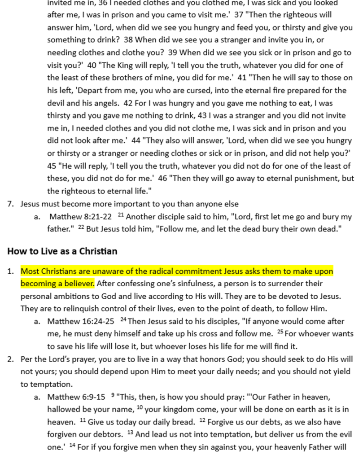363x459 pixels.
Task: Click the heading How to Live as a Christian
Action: click(62, 251)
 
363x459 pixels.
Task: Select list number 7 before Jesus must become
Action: click(10, 204)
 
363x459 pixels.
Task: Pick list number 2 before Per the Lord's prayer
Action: click(10, 359)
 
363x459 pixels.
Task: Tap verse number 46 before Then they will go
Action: click(163, 178)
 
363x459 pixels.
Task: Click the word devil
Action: click(57, 102)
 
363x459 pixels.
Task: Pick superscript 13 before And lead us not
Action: click(131, 433)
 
